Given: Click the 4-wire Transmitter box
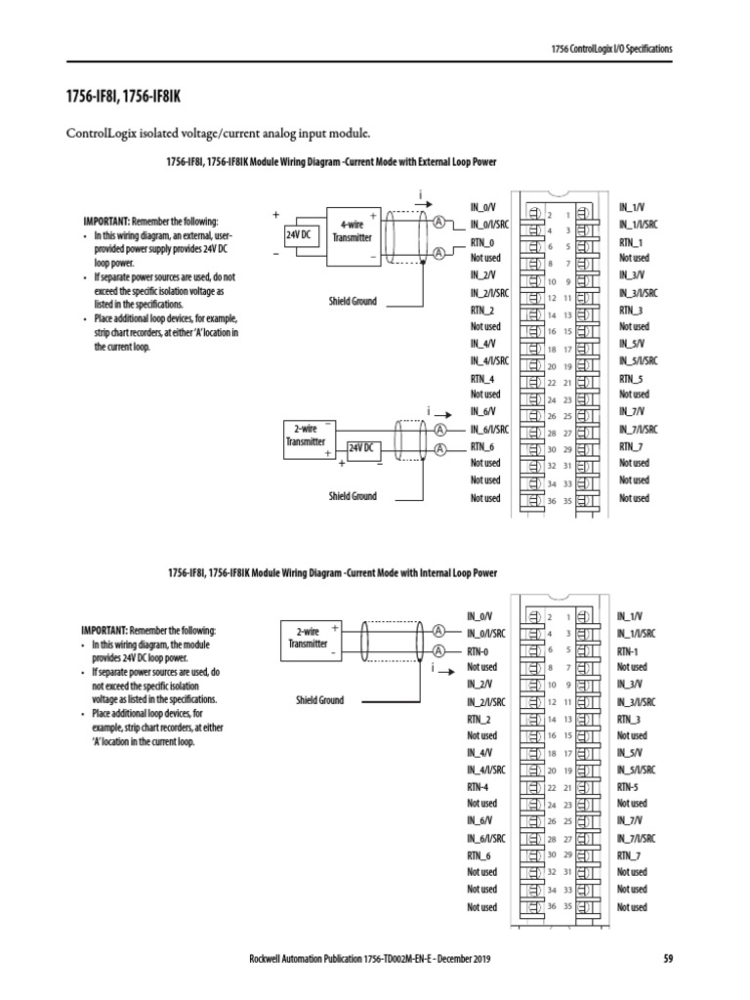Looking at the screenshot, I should [352, 230].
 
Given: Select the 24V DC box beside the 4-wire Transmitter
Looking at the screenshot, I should [298, 236].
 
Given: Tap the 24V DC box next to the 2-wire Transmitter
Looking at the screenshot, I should [362, 447].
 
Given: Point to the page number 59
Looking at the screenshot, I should [669, 959].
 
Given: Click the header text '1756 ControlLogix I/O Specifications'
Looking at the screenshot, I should [611, 48].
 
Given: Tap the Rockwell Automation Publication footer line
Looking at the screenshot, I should [370, 959].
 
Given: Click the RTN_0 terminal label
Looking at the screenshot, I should [482, 242].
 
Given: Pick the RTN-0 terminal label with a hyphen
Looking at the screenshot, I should [479, 650].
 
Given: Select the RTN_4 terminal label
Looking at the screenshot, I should [482, 379].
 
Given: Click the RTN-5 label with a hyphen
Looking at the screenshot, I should [628, 787].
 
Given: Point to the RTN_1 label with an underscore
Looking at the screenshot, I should [631, 242].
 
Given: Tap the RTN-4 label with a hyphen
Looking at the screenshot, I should [479, 787].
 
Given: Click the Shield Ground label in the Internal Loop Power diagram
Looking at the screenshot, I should [319, 700].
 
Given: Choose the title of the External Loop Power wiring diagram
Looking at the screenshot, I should [317, 162].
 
